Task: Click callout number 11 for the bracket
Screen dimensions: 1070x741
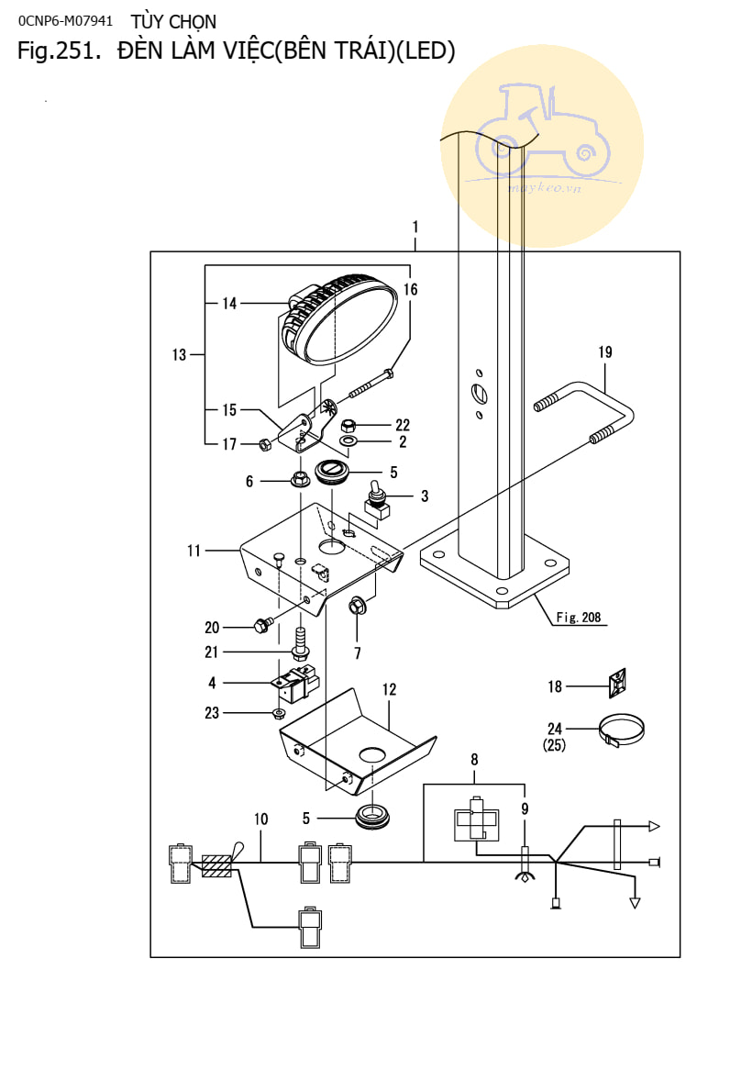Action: pyautogui.click(x=194, y=551)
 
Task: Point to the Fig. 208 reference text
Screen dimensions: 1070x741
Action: pyautogui.click(x=579, y=618)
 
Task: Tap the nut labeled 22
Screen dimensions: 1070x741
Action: pyautogui.click(x=348, y=426)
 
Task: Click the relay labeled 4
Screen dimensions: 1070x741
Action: pyautogui.click(x=295, y=683)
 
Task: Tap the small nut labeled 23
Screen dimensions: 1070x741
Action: pyautogui.click(x=278, y=713)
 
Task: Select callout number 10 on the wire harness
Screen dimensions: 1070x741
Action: pyautogui.click(x=261, y=818)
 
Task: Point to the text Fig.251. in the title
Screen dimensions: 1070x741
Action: pyautogui.click(x=58, y=51)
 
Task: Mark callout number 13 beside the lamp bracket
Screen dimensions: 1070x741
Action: pyautogui.click(x=179, y=354)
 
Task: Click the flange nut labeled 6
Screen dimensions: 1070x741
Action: pyautogui.click(x=299, y=478)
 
